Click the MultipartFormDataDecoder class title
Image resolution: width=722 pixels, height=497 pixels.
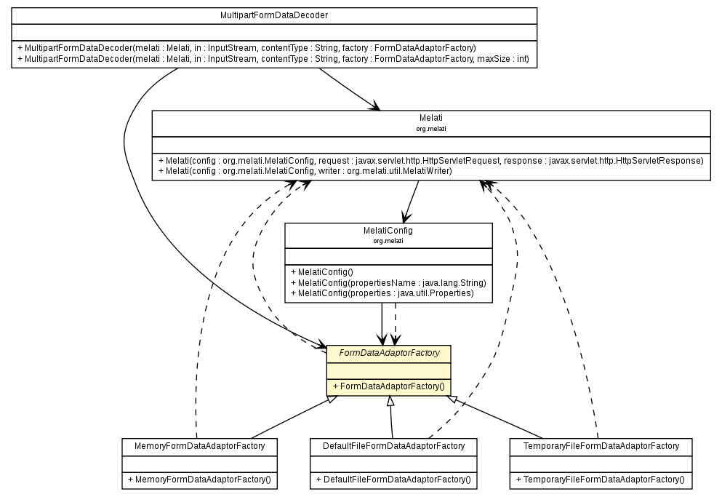pyautogui.click(x=273, y=15)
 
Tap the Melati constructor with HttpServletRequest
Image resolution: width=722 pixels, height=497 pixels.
pyautogui.click(x=430, y=160)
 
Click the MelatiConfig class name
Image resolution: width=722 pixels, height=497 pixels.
pyautogui.click(x=388, y=230)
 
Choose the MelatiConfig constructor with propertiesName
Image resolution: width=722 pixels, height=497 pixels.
pyautogui.click(x=388, y=282)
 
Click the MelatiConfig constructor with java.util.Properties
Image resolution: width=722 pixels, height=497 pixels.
pyautogui.click(x=382, y=293)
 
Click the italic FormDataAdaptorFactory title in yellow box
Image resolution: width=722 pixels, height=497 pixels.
pyautogui.click(x=388, y=353)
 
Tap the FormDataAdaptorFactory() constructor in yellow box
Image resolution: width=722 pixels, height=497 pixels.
pyautogui.click(x=388, y=386)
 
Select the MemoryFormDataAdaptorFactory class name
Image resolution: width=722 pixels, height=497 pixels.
pyautogui.click(x=198, y=445)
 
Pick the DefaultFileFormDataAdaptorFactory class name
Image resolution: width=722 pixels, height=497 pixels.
pyautogui.click(x=393, y=445)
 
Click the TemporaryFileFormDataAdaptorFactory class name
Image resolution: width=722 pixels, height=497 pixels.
pyautogui.click(x=600, y=445)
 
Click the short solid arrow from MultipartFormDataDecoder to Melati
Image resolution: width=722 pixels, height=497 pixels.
pyautogui.click(x=348, y=89)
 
